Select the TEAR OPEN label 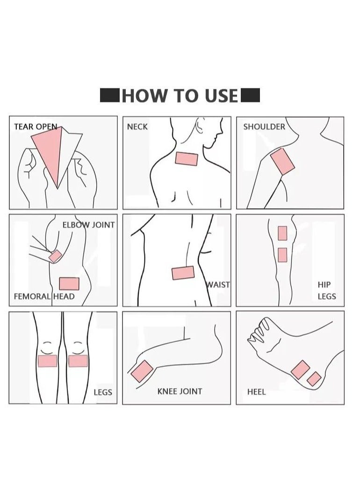36,127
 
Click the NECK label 137,127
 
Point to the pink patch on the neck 187,159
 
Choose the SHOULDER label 264,127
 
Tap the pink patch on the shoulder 282,161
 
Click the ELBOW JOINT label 88,225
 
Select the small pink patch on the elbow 56,256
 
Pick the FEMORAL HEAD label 44,296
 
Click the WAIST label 218,285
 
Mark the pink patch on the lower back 183,273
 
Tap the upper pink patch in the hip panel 282,233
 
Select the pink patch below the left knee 47,361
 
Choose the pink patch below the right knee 78,361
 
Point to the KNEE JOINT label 180,391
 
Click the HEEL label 256,392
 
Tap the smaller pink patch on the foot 314,379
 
